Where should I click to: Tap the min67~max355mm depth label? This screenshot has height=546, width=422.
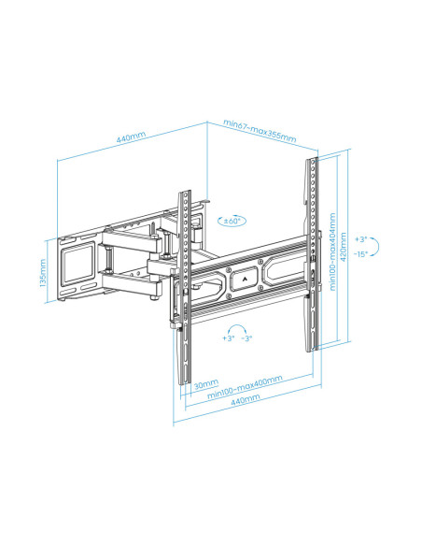(260, 131)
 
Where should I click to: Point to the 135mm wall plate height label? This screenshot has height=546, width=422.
(43, 274)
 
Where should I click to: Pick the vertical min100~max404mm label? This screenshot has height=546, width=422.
(333, 258)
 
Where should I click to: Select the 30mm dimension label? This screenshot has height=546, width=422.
(206, 383)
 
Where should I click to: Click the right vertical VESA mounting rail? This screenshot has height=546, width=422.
(310, 252)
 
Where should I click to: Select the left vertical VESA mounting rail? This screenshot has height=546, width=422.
(184, 280)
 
